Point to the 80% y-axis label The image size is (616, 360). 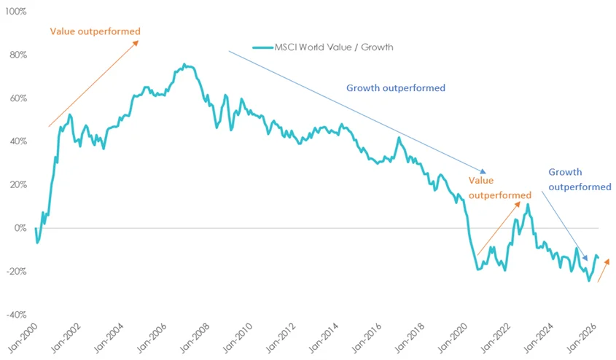click(x=17, y=55)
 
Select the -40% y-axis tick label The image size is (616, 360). click(x=15, y=315)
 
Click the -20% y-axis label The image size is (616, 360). click(x=15, y=271)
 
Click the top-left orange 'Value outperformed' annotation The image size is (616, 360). click(x=95, y=31)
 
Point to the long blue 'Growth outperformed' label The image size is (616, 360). click(x=395, y=88)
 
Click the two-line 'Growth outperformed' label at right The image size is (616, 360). click(x=580, y=179)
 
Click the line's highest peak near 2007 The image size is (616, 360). click(x=184, y=65)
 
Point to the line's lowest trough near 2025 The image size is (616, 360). click(x=589, y=281)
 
